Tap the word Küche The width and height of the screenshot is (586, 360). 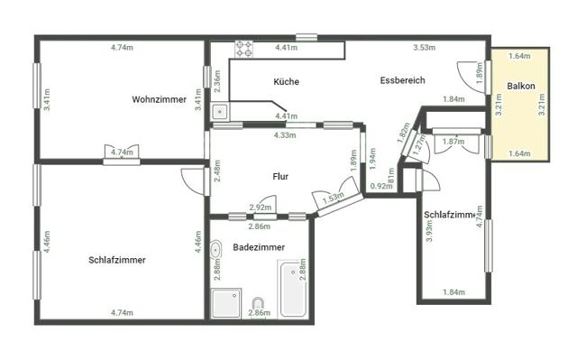click(x=287, y=81)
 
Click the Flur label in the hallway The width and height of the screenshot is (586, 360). click(x=279, y=176)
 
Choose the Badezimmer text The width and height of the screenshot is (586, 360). click(x=260, y=246)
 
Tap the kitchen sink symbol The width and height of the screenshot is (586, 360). click(x=219, y=111)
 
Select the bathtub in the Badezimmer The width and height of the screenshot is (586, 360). click(x=292, y=290)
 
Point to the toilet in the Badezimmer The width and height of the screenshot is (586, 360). click(x=259, y=306)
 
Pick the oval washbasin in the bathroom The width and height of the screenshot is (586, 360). click(x=216, y=250)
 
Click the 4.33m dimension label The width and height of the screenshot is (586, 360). click(x=285, y=135)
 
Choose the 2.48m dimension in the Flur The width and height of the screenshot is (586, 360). click(x=218, y=171)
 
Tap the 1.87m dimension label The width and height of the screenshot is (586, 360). click(x=453, y=141)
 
